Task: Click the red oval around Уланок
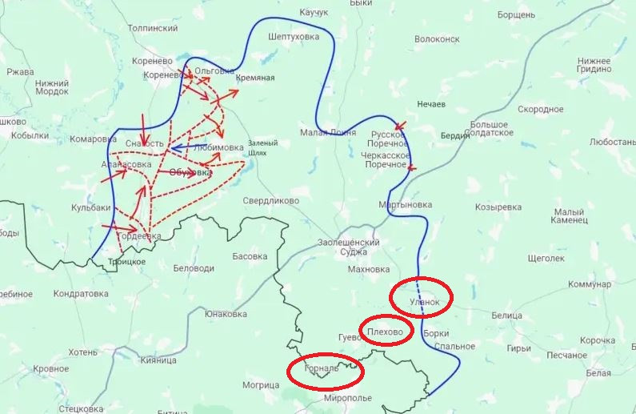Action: [421, 298]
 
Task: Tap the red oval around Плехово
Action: [387, 330]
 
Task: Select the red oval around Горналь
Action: [326, 370]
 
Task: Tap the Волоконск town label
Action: [437, 38]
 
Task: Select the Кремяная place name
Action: [255, 78]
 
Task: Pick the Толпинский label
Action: [153, 28]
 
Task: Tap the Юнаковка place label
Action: [226, 314]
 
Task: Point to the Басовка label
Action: [250, 257]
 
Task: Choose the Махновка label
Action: [369, 269]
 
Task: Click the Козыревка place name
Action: [498, 207]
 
